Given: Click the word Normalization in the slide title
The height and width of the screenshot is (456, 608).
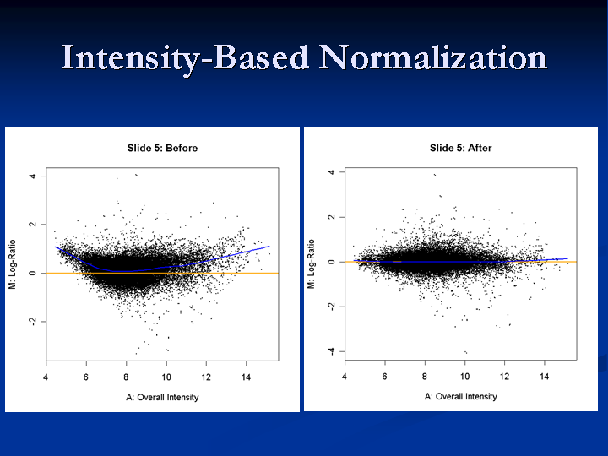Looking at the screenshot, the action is tap(432, 57).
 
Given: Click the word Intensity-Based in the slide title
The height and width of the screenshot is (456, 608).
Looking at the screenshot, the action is tap(185, 59).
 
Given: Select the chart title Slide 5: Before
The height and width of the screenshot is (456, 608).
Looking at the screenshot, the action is tap(162, 148).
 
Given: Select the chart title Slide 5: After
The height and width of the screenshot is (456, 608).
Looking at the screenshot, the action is tap(461, 148).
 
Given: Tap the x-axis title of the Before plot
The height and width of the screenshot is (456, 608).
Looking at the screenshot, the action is tap(162, 398).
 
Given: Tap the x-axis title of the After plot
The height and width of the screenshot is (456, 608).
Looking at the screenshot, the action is tap(461, 397).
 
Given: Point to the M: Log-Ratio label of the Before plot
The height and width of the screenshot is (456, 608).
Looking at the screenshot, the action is tap(13, 264).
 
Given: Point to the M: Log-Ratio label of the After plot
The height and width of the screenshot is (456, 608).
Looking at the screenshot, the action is tap(311, 264).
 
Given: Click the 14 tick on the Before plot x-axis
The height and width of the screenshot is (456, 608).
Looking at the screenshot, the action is tap(247, 377).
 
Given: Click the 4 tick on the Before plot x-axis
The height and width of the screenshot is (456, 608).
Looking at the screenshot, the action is tap(46, 377).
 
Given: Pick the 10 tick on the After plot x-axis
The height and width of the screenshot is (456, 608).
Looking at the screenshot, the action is tap(465, 376).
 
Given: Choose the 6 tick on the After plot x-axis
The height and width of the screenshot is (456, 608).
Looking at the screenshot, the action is tap(385, 376).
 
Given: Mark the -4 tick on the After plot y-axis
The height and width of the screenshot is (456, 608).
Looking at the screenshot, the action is tap(331, 351).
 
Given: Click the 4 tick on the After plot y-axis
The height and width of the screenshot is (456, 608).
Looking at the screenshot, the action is tap(331, 171).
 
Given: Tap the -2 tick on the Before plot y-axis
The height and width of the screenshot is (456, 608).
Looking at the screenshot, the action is tap(33, 322).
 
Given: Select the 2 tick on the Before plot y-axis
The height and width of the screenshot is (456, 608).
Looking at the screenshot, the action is tap(33, 224).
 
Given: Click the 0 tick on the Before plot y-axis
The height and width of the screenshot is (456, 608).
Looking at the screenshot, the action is tap(33, 273).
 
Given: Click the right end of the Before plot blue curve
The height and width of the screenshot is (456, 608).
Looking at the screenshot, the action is tap(269, 247).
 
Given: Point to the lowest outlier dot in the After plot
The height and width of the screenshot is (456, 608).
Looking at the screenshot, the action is tap(465, 352).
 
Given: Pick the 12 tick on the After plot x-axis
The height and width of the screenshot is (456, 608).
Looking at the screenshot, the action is tap(505, 376).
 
